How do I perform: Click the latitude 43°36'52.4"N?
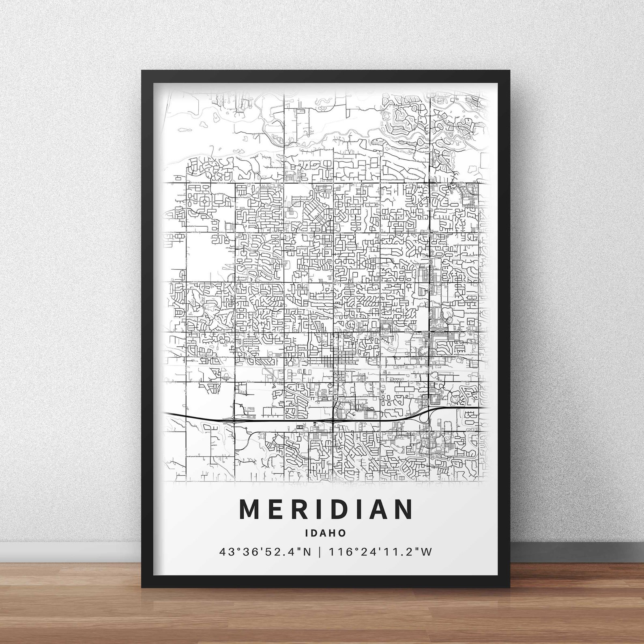pyautogui.click(x=265, y=552)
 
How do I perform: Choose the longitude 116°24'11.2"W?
pyautogui.click(x=381, y=552)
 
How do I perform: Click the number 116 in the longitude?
pyautogui.click(x=337, y=552)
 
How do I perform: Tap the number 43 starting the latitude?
pyautogui.click(x=224, y=552)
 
